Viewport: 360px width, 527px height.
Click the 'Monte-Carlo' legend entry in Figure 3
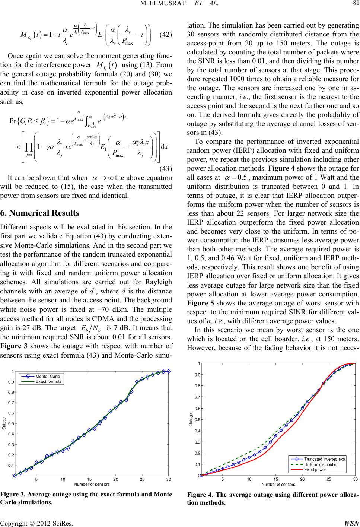48,376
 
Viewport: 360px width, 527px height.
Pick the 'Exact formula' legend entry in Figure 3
48,381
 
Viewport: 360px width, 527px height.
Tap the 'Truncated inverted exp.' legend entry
325,459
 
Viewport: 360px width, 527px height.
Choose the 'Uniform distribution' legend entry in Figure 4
321,464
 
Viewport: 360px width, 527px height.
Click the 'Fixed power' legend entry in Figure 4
315,470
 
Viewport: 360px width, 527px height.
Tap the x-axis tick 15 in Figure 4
275,479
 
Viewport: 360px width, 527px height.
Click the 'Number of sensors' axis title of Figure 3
92,484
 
